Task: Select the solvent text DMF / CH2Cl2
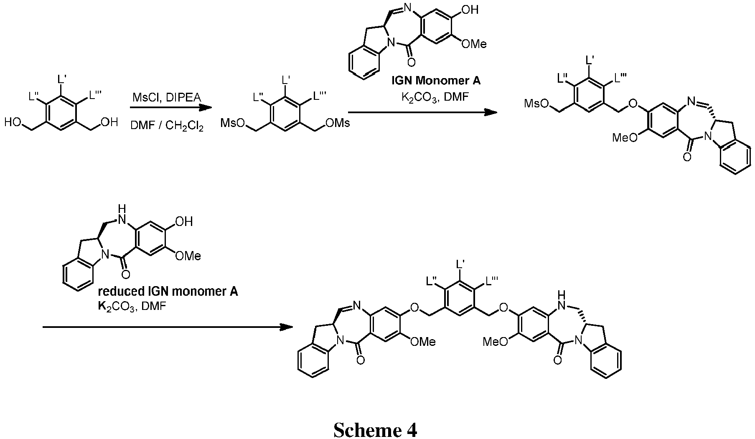click(167, 126)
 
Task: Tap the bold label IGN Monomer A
click(436, 80)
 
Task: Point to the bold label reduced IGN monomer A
click(167, 291)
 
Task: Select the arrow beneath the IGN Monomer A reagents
click(422, 112)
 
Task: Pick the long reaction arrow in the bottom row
click(167, 327)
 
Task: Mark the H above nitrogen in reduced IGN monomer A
click(122, 208)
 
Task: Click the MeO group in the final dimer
click(495, 342)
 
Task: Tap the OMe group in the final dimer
click(423, 342)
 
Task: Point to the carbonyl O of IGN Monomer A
click(411, 63)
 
